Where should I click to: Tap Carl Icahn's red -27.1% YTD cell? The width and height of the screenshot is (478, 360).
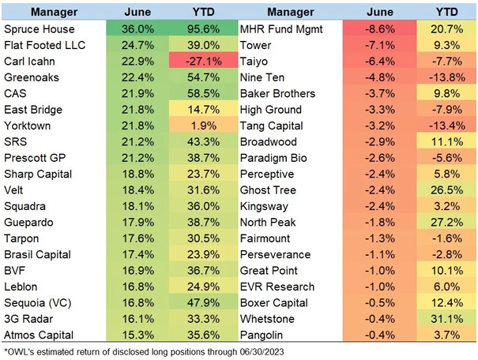pyautogui.click(x=202, y=60)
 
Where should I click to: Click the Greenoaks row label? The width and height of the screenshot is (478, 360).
pyautogui.click(x=32, y=77)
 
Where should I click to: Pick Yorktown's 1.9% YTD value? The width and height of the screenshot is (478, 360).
pyautogui.click(x=204, y=126)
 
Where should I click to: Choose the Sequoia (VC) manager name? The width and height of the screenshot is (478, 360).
pyautogui.click(x=37, y=303)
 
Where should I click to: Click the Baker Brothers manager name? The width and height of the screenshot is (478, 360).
pyautogui.click(x=277, y=93)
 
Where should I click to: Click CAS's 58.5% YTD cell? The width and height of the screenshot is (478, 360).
pyautogui.click(x=202, y=93)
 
